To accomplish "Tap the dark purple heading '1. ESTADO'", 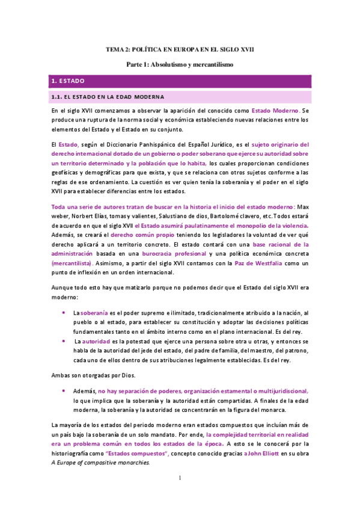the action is tap(68, 81).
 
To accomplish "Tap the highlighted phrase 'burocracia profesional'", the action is tap(156, 254).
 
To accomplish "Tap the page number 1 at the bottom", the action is tap(180, 495).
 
